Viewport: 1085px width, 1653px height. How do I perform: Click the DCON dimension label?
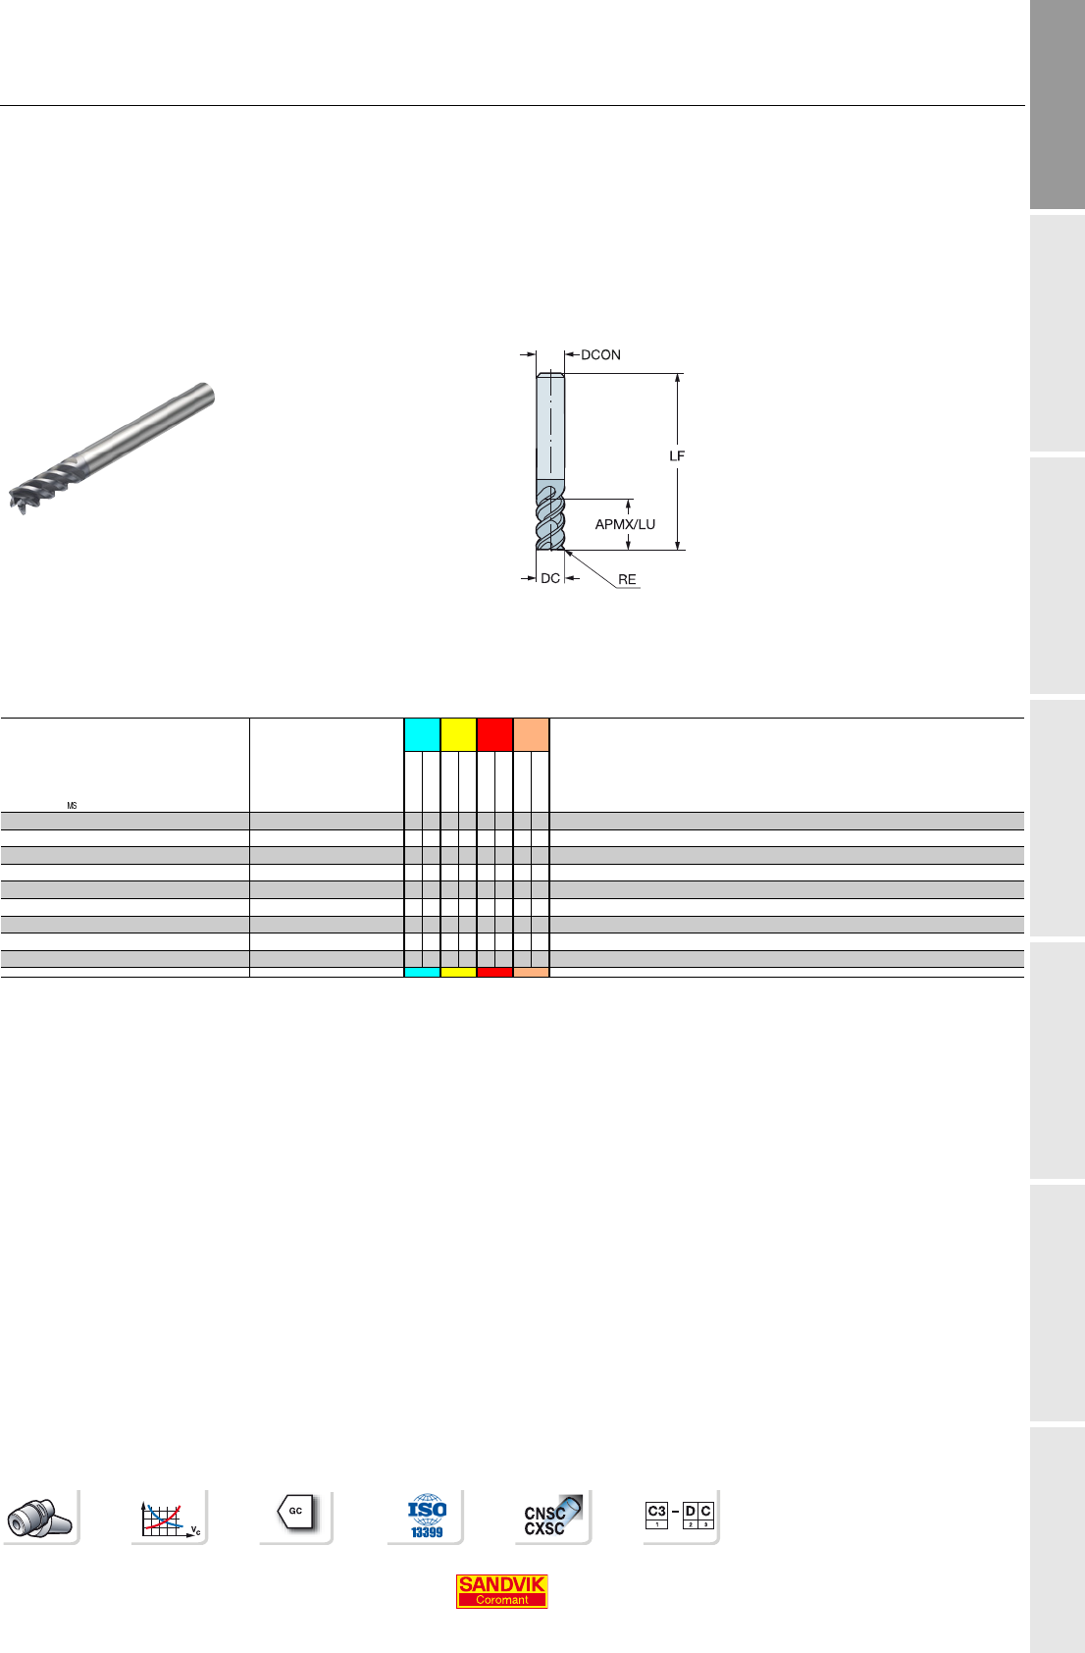(x=600, y=355)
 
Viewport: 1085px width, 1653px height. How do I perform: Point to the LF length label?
(x=676, y=456)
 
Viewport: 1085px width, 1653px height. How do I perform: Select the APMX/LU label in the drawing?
(x=625, y=524)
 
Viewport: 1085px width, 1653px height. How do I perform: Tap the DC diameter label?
(x=550, y=578)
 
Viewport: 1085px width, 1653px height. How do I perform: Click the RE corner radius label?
(x=627, y=580)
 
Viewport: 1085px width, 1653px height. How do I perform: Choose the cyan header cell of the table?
(x=422, y=734)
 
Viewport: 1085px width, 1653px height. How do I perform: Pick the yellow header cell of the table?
(x=458, y=734)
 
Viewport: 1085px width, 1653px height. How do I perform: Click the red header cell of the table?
(x=494, y=734)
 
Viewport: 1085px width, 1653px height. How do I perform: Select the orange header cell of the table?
(x=531, y=734)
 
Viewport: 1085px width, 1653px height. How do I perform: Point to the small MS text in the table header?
(x=72, y=806)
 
